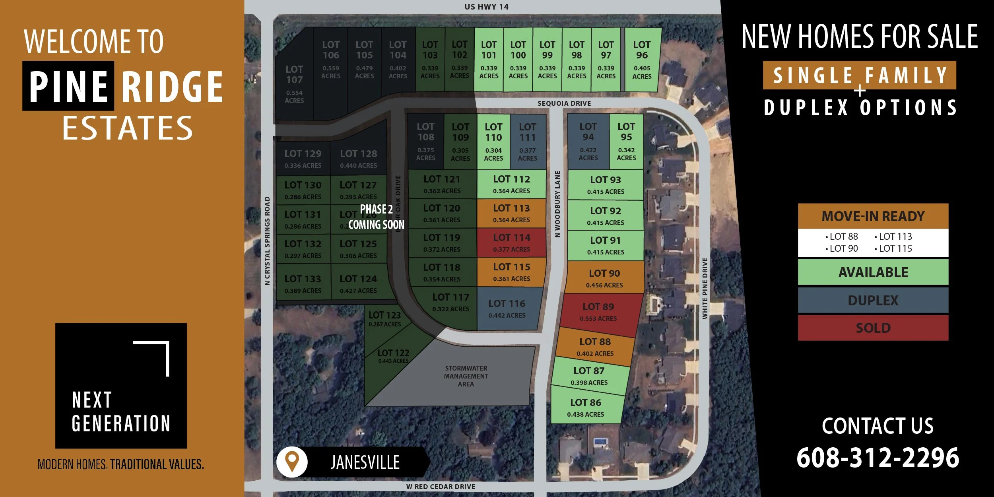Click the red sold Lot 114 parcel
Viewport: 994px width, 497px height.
click(511, 243)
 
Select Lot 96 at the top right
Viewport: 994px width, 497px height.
click(642, 60)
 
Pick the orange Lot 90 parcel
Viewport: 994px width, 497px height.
click(604, 278)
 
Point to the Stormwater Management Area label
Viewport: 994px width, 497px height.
click(466, 376)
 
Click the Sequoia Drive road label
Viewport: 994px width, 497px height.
click(564, 103)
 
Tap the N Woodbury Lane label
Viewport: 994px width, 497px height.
click(557, 204)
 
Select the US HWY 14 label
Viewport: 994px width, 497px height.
click(486, 7)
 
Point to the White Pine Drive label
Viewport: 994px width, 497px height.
click(705, 288)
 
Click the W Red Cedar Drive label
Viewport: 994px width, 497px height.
click(441, 487)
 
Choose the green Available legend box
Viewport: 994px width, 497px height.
click(873, 272)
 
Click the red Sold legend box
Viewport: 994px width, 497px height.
click(873, 328)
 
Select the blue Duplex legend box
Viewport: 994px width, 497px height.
click(873, 300)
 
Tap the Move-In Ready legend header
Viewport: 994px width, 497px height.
click(873, 216)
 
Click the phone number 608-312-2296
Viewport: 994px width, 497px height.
click(878, 458)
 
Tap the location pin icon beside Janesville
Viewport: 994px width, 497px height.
click(292, 462)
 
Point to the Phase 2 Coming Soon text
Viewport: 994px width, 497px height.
click(376, 217)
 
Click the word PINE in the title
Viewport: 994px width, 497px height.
click(68, 86)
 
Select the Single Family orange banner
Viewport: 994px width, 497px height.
click(860, 75)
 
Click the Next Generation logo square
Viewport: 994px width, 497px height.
click(121, 386)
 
